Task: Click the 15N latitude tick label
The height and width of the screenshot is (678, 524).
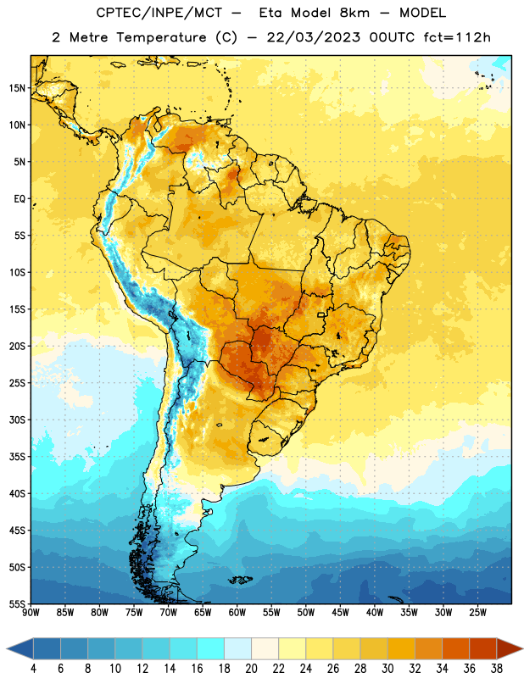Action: click(17, 88)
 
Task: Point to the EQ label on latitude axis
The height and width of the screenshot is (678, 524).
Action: click(20, 199)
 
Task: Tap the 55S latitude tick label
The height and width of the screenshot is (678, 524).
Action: click(17, 604)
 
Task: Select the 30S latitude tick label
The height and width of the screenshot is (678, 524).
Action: click(17, 420)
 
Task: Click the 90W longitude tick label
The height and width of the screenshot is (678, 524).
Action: click(31, 613)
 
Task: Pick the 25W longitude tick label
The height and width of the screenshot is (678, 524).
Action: click(477, 613)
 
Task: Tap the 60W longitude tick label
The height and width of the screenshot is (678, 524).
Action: click(237, 613)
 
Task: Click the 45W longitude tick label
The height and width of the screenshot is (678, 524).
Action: click(341, 613)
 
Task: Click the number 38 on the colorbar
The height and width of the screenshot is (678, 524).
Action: click(497, 669)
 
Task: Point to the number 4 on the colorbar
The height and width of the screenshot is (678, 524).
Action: click(33, 669)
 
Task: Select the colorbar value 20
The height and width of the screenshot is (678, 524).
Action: click(251, 669)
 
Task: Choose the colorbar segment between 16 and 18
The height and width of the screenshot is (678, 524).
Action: click(211, 648)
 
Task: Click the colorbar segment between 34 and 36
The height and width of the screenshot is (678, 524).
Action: click(456, 648)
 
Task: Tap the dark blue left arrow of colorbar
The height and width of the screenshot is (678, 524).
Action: click(20, 648)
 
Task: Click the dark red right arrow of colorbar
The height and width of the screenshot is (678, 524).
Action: click(510, 648)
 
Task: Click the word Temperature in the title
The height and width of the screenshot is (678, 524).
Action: click(161, 37)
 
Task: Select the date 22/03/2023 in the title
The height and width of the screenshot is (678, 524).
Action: click(313, 37)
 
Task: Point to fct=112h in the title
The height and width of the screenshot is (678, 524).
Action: click(457, 37)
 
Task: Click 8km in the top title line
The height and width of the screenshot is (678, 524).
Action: click(354, 13)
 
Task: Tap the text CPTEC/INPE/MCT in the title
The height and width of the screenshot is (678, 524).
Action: click(159, 13)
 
